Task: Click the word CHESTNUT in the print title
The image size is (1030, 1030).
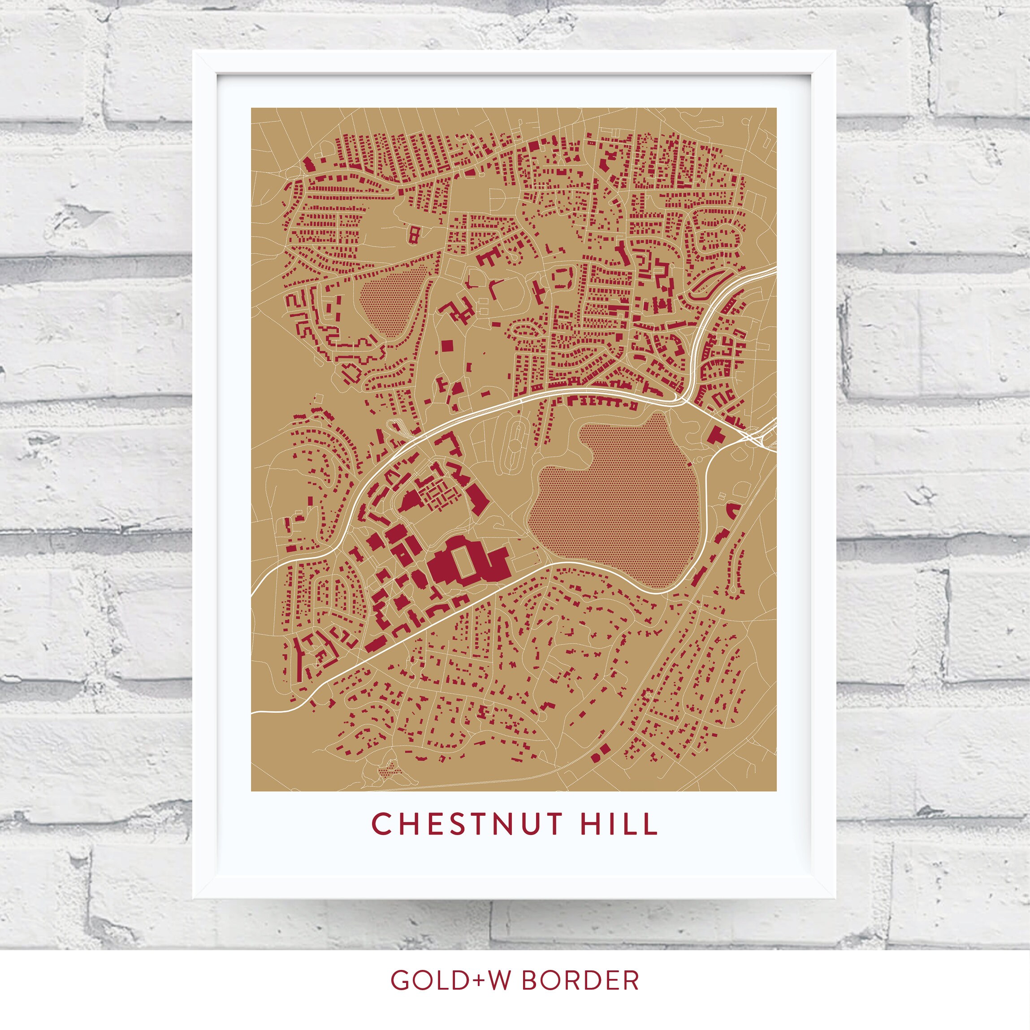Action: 467,824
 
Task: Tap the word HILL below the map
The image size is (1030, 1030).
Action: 619,824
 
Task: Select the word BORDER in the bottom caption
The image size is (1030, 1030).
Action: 580,980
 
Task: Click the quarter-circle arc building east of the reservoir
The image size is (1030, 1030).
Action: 734,509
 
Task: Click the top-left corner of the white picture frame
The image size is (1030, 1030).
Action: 194,52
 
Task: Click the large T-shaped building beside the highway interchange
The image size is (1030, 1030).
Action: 715,434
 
